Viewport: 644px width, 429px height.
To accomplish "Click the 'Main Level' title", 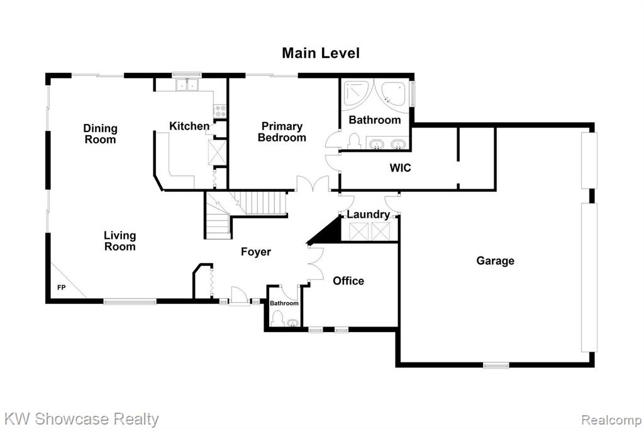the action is (x=321, y=53).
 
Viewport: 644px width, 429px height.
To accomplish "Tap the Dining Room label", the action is (x=100, y=134).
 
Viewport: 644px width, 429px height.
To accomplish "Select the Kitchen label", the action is (x=189, y=126).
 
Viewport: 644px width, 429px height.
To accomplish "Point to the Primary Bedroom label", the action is (x=282, y=132).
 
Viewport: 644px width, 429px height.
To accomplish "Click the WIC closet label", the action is (x=400, y=168).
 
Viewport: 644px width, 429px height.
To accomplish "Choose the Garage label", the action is (x=496, y=260).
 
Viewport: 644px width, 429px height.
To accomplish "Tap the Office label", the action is (x=348, y=281).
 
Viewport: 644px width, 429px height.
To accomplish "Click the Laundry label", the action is (x=369, y=214).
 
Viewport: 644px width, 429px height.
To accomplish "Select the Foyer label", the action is (x=256, y=252).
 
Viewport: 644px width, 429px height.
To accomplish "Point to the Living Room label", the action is (x=119, y=241).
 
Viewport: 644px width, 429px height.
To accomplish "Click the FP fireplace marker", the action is (x=61, y=287).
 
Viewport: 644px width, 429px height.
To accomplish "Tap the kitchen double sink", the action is (x=186, y=85).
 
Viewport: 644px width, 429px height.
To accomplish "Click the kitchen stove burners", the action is (x=219, y=110).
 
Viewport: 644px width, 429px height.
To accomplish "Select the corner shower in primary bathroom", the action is (x=356, y=94).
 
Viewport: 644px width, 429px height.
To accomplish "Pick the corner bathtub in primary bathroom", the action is (x=394, y=94).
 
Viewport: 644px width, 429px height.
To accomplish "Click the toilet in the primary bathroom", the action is (x=353, y=141).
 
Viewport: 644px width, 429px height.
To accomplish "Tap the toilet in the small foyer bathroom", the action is (x=278, y=319).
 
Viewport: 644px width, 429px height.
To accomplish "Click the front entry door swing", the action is (x=238, y=296).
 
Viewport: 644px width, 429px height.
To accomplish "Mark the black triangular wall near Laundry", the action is (x=326, y=231).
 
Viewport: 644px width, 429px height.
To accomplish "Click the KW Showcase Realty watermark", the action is (x=81, y=419).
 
